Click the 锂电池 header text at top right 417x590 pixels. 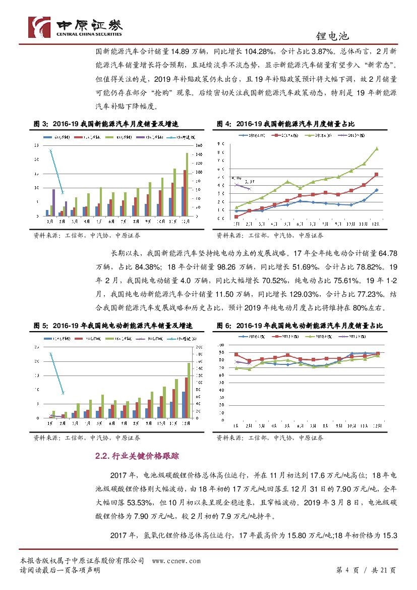[333, 37]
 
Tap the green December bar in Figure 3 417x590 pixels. [187, 184]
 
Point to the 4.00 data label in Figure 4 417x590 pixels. [236, 178]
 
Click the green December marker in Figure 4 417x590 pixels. [377, 148]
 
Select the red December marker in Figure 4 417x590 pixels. [377, 175]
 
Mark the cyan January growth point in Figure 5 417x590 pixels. [50, 354]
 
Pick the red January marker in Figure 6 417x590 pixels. [236, 355]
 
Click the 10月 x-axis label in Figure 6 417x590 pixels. [351, 425]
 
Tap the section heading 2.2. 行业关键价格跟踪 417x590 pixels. [137, 456]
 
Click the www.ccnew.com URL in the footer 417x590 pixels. [176, 561]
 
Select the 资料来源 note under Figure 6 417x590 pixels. [270, 438]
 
